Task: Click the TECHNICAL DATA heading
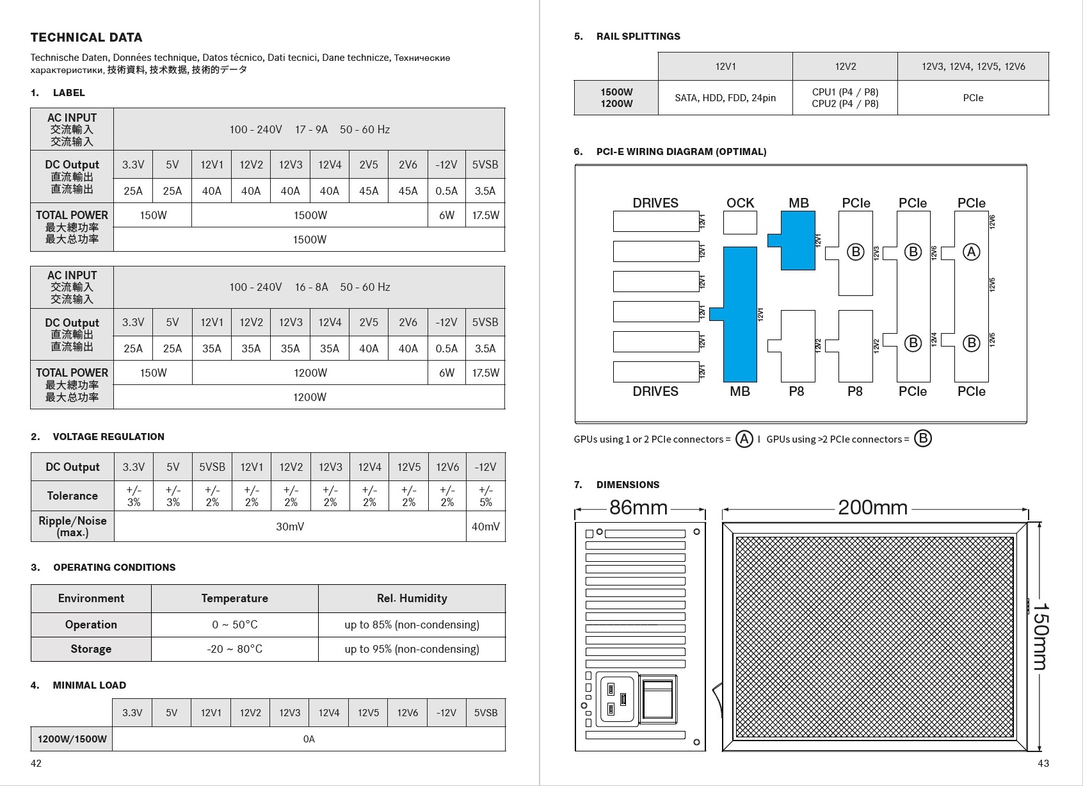(x=86, y=37)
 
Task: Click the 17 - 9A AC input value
(x=311, y=129)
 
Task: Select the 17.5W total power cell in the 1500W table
(x=485, y=215)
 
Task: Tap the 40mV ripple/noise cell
(x=485, y=527)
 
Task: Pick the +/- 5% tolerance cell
(x=485, y=496)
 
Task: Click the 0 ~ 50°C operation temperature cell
(x=234, y=625)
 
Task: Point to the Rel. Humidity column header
(x=412, y=598)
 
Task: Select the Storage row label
(x=91, y=649)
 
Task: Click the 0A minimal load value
(x=309, y=739)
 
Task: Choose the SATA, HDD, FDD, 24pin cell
(x=725, y=98)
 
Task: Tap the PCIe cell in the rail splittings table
(x=973, y=98)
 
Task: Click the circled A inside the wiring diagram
(x=971, y=252)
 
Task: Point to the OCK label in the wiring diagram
(x=740, y=203)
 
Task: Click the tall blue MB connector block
(x=740, y=314)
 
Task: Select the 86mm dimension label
(x=638, y=508)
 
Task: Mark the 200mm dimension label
(x=872, y=508)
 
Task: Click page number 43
(x=1043, y=763)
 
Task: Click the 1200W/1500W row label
(x=72, y=739)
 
